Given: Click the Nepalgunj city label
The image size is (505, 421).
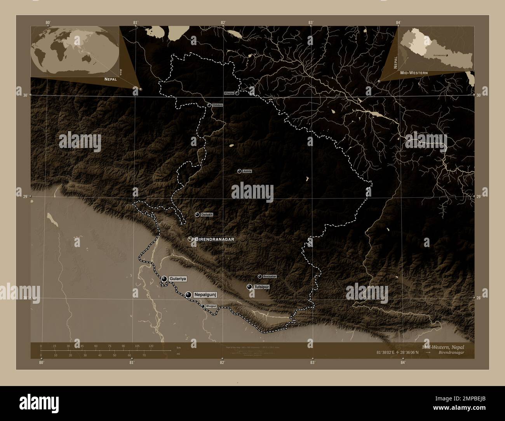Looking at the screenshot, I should coord(204,295).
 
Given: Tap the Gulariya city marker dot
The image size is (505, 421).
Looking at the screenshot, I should coord(164,279).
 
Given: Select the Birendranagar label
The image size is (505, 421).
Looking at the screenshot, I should coord(215,239).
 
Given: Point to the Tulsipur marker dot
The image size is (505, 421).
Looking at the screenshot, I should coord(249,287).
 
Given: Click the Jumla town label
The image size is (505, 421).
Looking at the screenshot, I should coord(247,171).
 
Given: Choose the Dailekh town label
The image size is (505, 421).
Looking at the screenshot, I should coord(207,214).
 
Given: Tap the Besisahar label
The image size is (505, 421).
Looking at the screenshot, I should coord(270,276).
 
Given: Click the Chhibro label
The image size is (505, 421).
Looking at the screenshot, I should coord(218,105).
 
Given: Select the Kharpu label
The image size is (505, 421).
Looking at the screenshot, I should coord(229,94).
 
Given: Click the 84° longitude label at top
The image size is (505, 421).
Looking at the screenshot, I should coord(398,22).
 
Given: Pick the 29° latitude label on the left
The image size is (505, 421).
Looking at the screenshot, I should coord(24,197).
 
